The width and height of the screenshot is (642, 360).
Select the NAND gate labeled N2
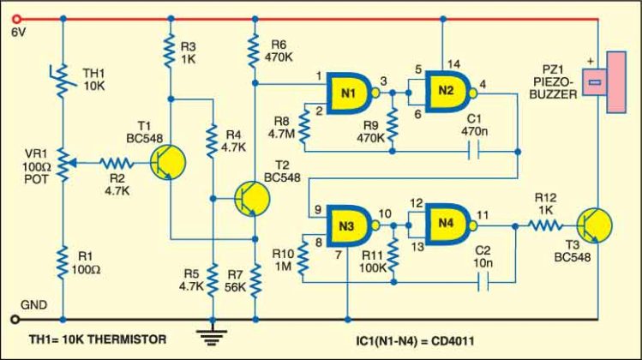point(446,90)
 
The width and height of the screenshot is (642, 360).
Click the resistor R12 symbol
point(544,226)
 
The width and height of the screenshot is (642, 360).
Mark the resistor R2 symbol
point(115,161)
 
